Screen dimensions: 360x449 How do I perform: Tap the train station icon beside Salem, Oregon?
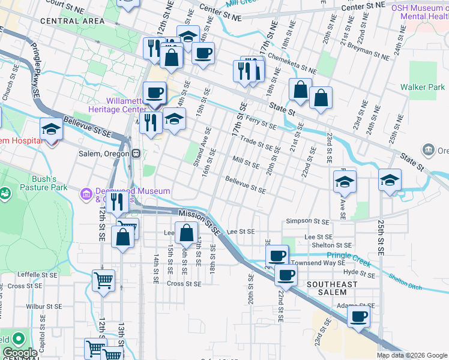136,153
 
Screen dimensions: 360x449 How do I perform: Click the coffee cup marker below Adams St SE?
359,316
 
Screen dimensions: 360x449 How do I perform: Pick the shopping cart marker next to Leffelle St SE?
103,280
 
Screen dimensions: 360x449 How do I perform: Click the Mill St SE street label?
246,162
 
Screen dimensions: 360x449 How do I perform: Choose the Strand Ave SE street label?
201,147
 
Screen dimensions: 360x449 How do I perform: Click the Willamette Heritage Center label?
117,105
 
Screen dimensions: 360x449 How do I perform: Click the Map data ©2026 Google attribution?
412,355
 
